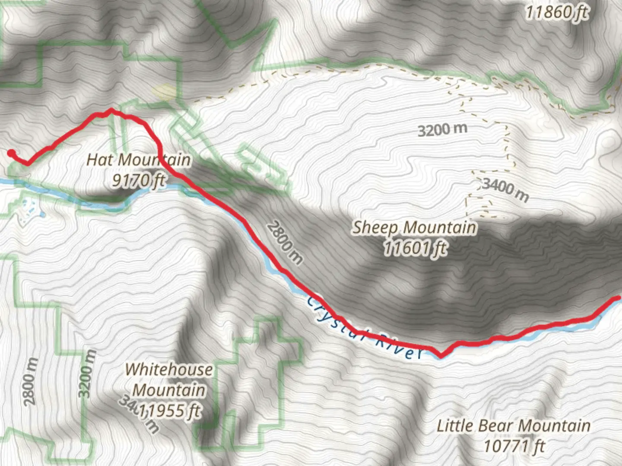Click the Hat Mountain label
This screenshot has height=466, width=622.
(138, 160)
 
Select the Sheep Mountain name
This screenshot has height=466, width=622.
(414, 227)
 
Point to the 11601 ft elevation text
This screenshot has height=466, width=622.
(414, 248)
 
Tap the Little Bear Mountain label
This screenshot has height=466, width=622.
(513, 426)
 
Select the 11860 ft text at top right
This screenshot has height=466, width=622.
(556, 13)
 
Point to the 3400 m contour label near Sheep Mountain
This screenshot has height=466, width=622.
(505, 190)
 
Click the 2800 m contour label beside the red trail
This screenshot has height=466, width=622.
(284, 242)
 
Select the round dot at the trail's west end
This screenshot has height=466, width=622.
(11, 152)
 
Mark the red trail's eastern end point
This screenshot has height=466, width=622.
(618, 298)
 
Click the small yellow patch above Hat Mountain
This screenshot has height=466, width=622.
(164, 91)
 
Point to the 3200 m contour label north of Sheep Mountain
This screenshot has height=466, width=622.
(442, 129)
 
